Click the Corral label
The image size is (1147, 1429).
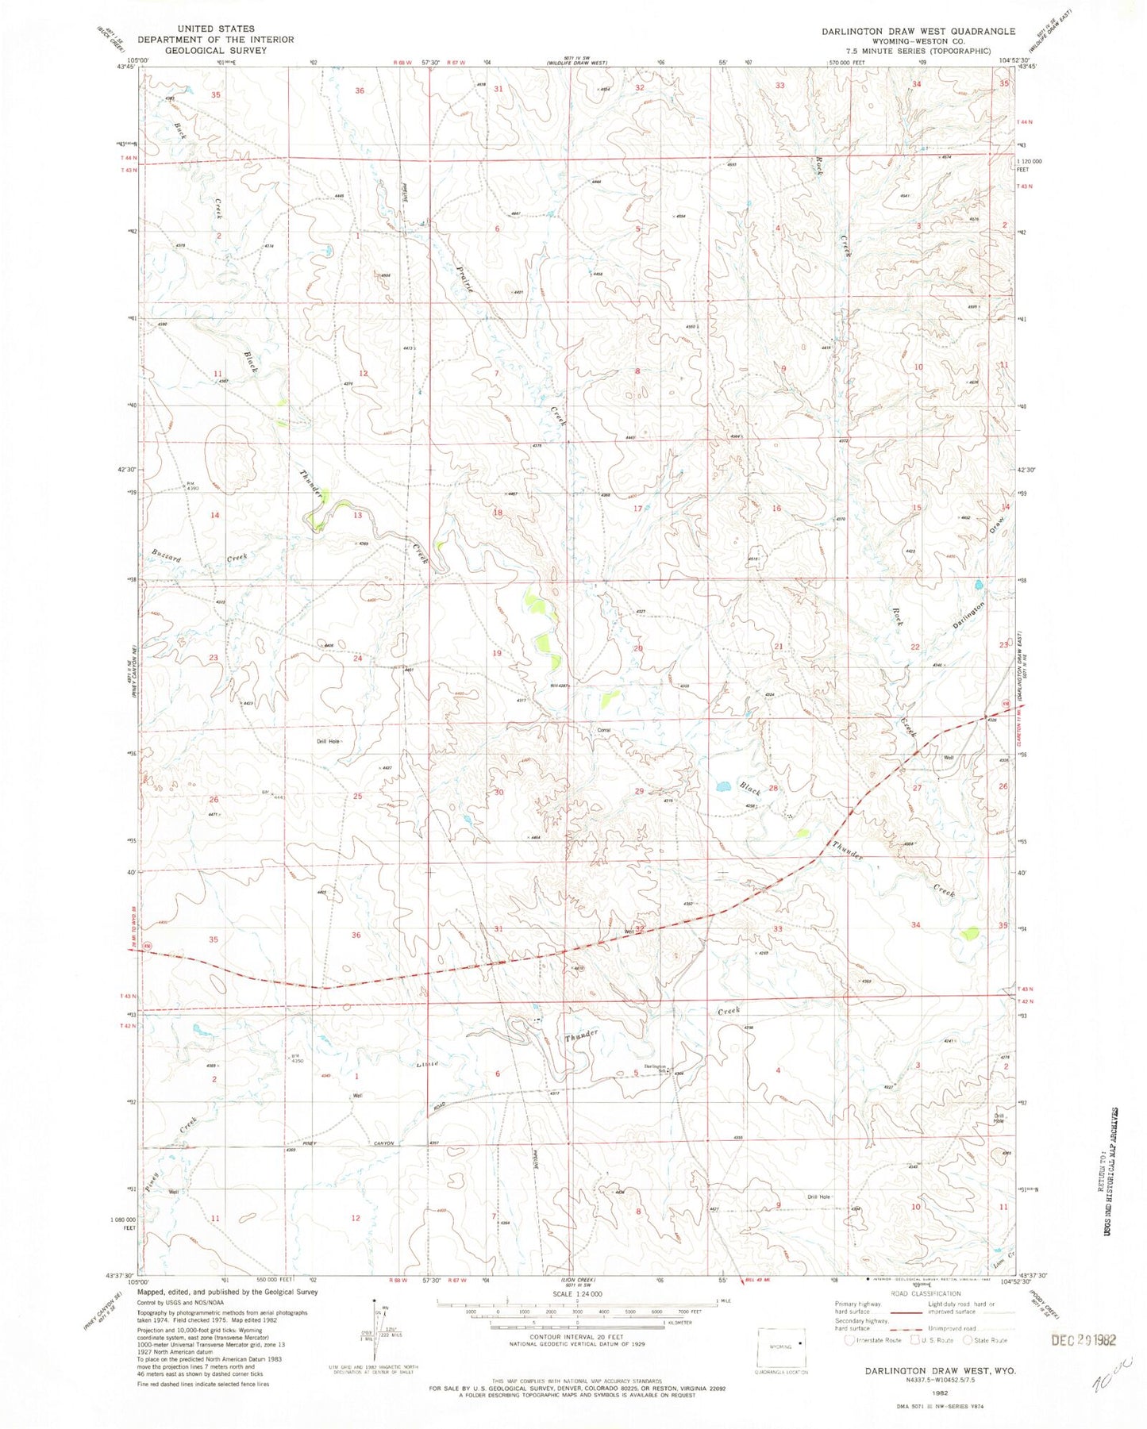(x=603, y=729)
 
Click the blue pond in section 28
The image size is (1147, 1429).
(x=722, y=787)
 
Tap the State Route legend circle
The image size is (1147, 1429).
(x=968, y=1340)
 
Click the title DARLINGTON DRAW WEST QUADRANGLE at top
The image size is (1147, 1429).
(x=918, y=31)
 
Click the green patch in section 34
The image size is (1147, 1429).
(x=969, y=934)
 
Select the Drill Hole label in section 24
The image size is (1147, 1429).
(x=329, y=741)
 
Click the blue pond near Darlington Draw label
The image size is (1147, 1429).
(x=978, y=585)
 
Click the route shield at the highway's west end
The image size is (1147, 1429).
(x=147, y=946)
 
